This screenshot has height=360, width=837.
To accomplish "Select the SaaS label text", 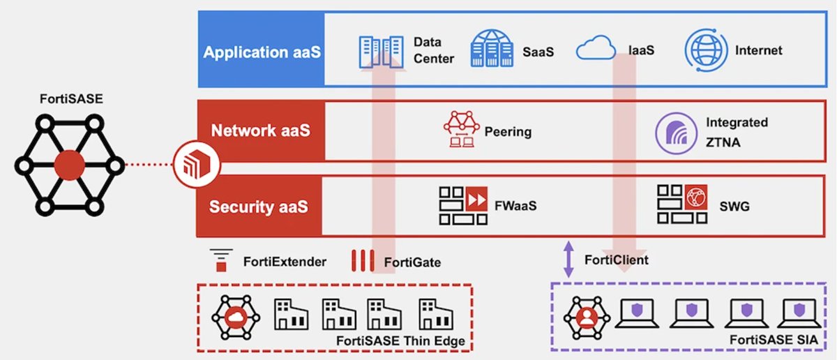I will (538, 52).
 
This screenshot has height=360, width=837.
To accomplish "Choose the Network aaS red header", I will (261, 131).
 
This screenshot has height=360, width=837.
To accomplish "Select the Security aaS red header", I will (259, 207).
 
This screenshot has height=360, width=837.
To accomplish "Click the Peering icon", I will (461, 130).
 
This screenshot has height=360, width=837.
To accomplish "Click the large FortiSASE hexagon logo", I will (68, 166).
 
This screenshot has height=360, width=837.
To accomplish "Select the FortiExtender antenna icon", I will (222, 262).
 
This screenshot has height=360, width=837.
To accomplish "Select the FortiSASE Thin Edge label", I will (400, 340).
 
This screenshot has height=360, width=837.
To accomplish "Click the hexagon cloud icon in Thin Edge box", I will (236, 314).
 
